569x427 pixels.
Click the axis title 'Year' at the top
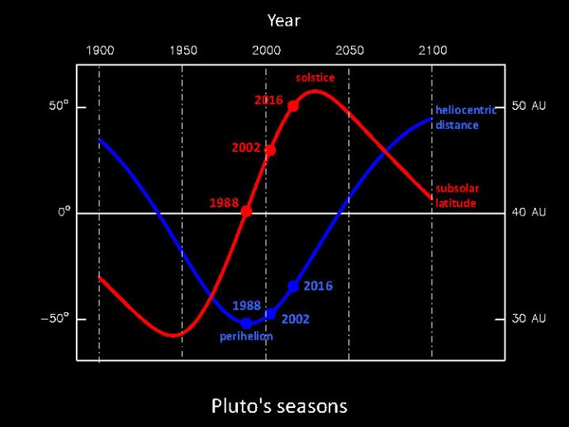pos(284,21)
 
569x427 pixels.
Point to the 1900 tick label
pos(100,50)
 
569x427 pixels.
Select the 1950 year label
pos(183,50)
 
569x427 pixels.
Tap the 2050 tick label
pos(349,50)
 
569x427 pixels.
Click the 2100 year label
pos(433,50)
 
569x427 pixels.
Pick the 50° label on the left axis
pos(59,106)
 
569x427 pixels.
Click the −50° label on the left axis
pos(54,319)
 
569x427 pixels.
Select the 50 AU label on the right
pos(529,106)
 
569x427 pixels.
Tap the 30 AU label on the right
pos(529,318)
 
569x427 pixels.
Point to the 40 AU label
pos(529,212)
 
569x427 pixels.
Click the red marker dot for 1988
pos(246,211)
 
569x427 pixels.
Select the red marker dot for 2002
pos(270,150)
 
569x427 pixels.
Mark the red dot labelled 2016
pos(293,106)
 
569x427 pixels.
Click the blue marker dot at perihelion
pos(246,323)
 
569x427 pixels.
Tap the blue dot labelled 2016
pos(293,287)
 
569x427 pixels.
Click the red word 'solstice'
pos(315,78)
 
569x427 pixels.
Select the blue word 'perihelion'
pos(246,337)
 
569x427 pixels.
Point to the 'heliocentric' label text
pos(466,110)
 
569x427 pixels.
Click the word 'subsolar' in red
pos(458,188)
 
